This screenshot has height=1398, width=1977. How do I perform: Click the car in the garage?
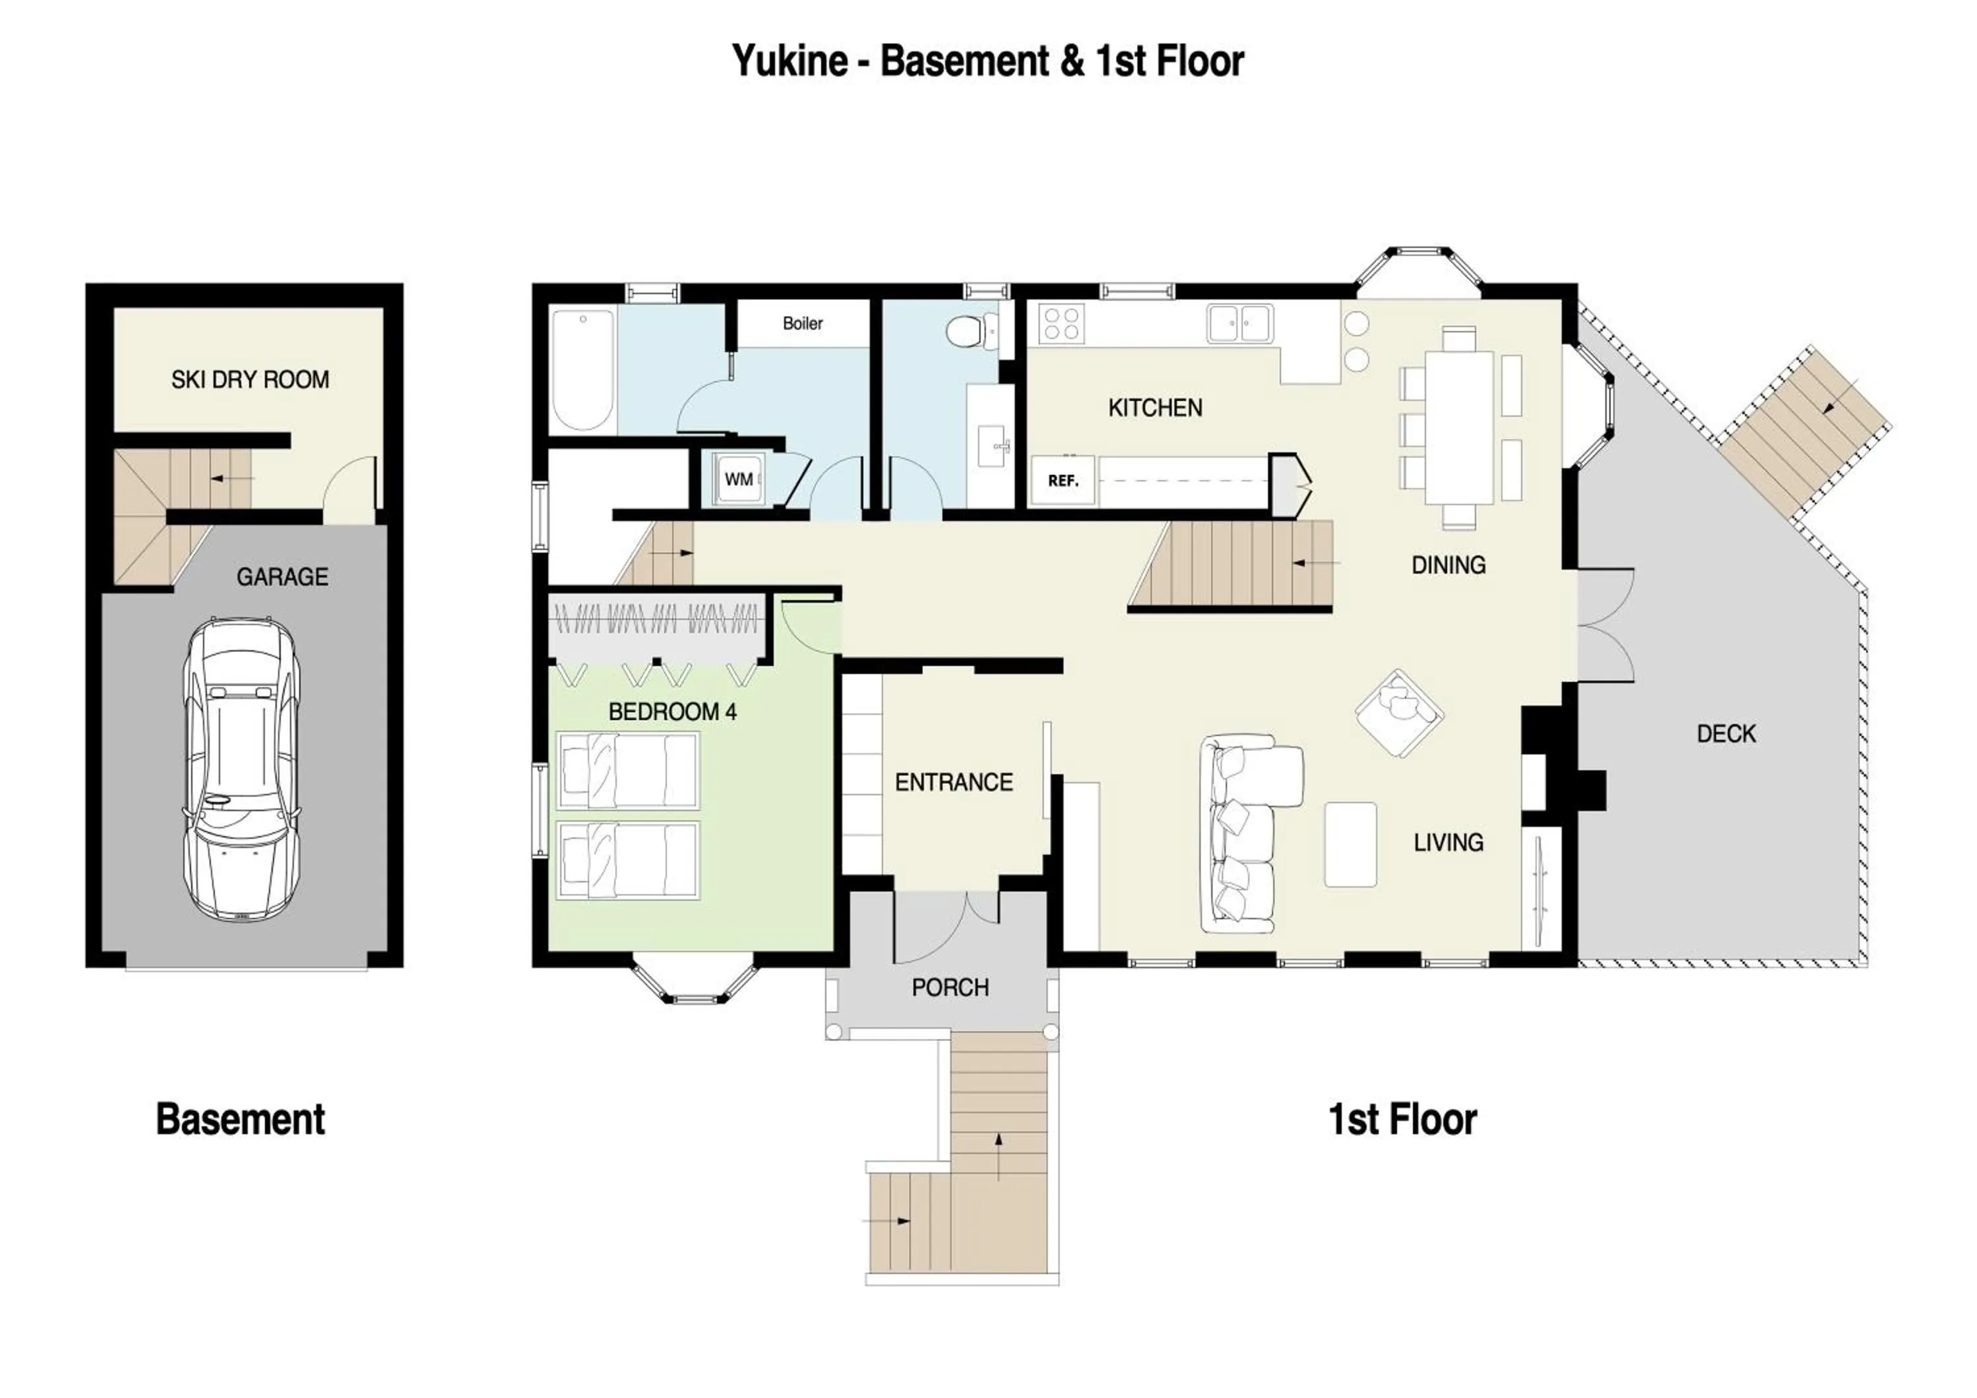[242, 769]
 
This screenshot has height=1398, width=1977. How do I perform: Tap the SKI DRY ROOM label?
[250, 380]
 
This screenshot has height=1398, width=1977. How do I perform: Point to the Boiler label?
[803, 324]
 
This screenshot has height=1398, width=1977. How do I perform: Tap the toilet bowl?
[966, 331]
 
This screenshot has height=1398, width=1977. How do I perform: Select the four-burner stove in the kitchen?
[1061, 324]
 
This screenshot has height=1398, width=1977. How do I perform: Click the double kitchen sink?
[1240, 323]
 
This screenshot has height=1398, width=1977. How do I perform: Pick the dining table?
[1458, 427]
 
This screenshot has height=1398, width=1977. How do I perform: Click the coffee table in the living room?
[1350, 844]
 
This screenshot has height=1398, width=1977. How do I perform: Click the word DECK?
[1725, 734]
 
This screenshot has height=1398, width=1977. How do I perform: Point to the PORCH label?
[950, 987]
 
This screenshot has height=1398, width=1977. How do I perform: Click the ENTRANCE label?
[953, 782]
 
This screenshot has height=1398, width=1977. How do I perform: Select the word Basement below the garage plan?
[241, 1120]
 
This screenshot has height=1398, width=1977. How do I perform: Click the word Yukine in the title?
[789, 61]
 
